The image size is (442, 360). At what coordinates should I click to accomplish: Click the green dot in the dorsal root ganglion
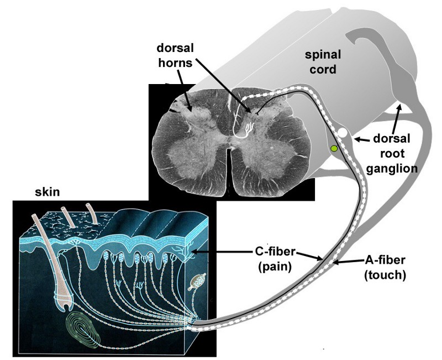coord(333,148)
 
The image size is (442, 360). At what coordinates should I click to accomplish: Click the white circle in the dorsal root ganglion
coord(343,133)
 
